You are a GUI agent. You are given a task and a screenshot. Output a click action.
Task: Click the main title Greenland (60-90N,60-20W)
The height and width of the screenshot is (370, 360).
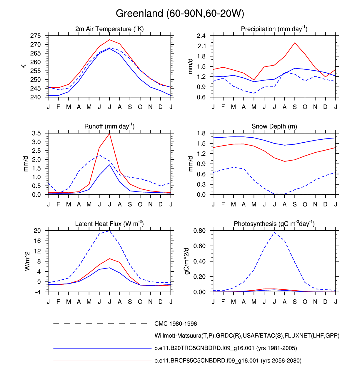click(x=180, y=14)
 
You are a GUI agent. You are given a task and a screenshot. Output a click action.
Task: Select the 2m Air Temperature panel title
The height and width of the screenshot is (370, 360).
click(x=109, y=29)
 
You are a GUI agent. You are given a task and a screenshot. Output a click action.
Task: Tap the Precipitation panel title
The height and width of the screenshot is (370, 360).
click(x=274, y=29)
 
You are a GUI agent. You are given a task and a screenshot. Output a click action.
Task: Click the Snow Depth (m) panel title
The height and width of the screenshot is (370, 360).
click(x=274, y=126)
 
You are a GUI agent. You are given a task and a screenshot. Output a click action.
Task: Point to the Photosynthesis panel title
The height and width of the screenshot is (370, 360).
click(x=274, y=224)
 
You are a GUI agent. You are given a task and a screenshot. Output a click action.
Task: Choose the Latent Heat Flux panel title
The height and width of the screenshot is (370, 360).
click(x=109, y=224)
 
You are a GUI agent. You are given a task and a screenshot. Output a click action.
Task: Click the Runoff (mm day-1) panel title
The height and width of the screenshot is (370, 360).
click(x=109, y=126)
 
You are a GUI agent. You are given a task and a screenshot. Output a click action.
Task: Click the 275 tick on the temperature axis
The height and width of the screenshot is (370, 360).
click(x=36, y=36)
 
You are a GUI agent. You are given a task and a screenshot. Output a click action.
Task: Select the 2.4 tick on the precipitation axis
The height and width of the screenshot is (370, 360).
click(x=201, y=36)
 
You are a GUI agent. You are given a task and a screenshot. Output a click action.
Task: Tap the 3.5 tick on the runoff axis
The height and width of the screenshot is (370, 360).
click(x=36, y=133)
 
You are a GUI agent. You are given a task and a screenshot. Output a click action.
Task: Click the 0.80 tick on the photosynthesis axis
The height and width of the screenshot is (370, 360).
click(x=199, y=231)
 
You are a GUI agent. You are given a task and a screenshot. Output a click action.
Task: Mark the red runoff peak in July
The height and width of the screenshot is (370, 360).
click(x=110, y=134)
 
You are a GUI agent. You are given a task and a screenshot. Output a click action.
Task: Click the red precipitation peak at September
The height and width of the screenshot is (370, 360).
click(x=295, y=43)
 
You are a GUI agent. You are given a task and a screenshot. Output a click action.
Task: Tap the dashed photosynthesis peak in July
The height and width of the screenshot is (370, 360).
click(x=274, y=232)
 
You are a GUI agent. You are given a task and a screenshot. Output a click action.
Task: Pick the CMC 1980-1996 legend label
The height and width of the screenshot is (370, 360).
click(x=176, y=324)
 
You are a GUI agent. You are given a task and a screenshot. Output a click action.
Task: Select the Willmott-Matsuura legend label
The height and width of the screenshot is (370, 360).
click(x=247, y=336)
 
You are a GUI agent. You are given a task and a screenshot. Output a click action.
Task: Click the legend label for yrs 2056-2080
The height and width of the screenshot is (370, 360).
click(x=228, y=361)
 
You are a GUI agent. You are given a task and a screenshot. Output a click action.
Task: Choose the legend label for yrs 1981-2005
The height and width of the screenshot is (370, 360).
click(x=226, y=348)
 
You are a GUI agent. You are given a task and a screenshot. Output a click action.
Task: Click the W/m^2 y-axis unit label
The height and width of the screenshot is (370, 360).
click(x=27, y=261)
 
